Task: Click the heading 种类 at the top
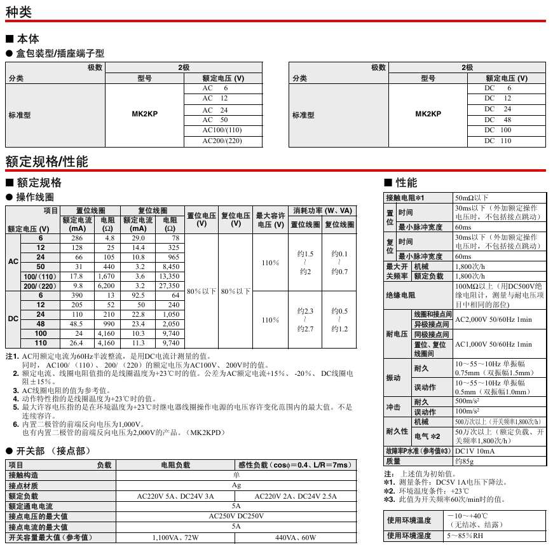(x=19, y=11)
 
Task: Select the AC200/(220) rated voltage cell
(x=222, y=141)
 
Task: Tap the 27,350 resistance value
(x=169, y=286)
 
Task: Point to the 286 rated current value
(x=77, y=238)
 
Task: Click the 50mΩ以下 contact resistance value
(x=472, y=198)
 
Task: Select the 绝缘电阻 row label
(x=401, y=296)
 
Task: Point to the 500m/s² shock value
(x=468, y=402)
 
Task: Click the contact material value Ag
(x=236, y=485)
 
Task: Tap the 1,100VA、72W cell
(x=175, y=538)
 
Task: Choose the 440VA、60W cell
(x=296, y=538)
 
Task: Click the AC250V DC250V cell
(x=236, y=516)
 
